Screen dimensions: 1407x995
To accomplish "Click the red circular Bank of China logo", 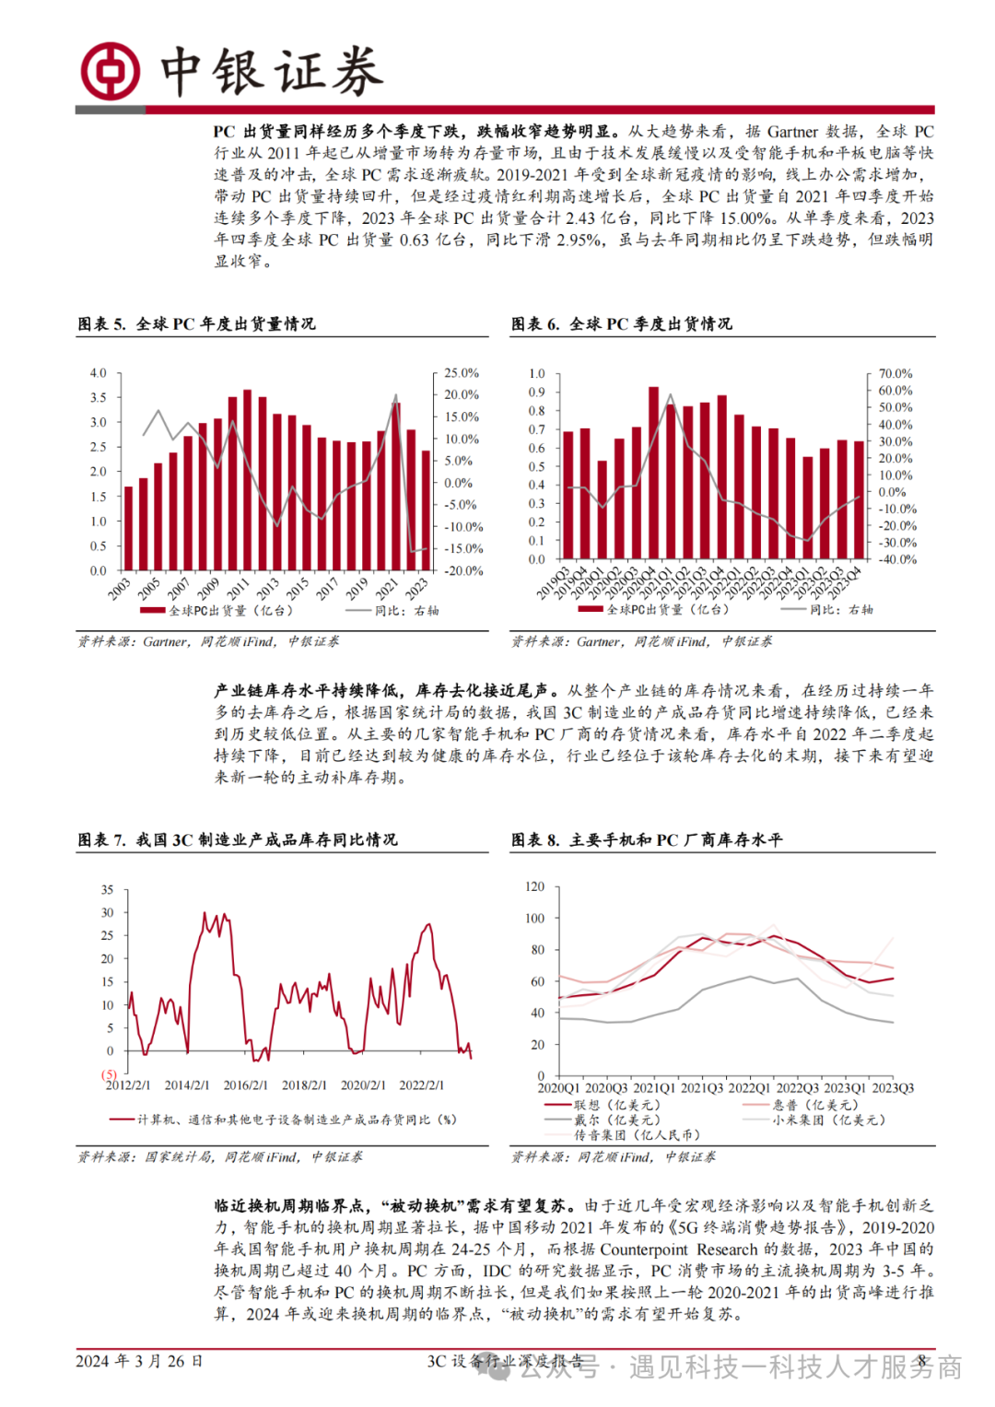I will tap(111, 71).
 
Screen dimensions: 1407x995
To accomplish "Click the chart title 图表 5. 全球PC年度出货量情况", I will tap(196, 323).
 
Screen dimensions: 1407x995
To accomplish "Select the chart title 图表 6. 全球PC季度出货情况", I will tap(622, 323).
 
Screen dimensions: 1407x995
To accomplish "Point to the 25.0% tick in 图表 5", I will tap(461, 373).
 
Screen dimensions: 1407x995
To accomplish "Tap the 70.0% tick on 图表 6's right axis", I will tap(895, 373).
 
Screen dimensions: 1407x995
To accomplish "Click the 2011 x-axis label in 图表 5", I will tap(238, 587).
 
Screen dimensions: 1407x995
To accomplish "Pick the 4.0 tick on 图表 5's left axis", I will tap(98, 373).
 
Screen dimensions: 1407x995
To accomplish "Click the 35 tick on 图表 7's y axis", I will tap(108, 890).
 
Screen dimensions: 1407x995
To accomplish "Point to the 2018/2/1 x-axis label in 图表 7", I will tap(304, 1085).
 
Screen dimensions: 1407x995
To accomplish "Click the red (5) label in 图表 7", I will tap(109, 1074).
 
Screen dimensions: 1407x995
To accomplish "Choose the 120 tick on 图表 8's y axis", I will tap(534, 886).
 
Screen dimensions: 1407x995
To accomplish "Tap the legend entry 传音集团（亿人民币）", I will tap(636, 1134).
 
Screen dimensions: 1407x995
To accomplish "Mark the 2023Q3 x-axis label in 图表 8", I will tap(893, 1088).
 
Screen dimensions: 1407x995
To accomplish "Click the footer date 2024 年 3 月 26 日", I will tap(139, 1361).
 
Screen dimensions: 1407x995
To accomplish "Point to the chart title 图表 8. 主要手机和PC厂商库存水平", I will tap(647, 839).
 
